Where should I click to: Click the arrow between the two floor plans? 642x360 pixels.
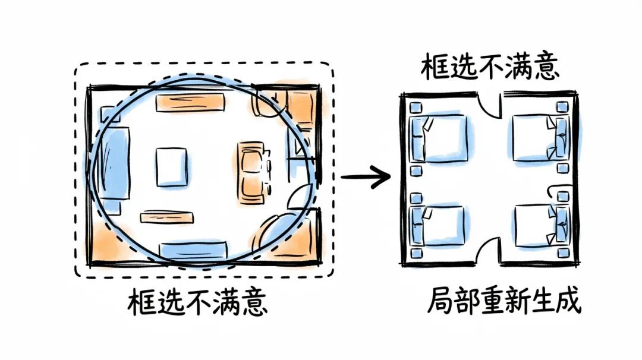pyautogui.click(x=366, y=176)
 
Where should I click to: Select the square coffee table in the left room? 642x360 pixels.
pyautogui.click(x=171, y=166)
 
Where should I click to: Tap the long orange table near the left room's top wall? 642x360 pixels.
pyautogui.click(x=190, y=103)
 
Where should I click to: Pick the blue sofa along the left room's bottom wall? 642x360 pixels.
pyautogui.click(x=193, y=250)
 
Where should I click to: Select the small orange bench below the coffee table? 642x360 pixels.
pyautogui.click(x=166, y=217)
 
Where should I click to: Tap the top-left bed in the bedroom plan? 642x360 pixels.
pyautogui.click(x=439, y=138)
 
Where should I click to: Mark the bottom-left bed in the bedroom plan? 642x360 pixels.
pyautogui.click(x=438, y=226)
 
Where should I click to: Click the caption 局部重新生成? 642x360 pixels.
pyautogui.click(x=504, y=301)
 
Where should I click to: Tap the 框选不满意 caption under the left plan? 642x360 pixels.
pyautogui.click(x=197, y=302)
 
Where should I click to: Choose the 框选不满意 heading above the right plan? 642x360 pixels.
pyautogui.click(x=490, y=67)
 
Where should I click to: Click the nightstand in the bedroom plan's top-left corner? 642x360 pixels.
pyautogui.click(x=416, y=107)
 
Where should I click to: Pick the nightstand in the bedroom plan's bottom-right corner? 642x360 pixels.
pyautogui.click(x=564, y=252)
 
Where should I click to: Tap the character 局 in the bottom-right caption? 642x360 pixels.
pyautogui.click(x=440, y=301)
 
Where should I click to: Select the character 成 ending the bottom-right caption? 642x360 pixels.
pyautogui.click(x=568, y=301)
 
